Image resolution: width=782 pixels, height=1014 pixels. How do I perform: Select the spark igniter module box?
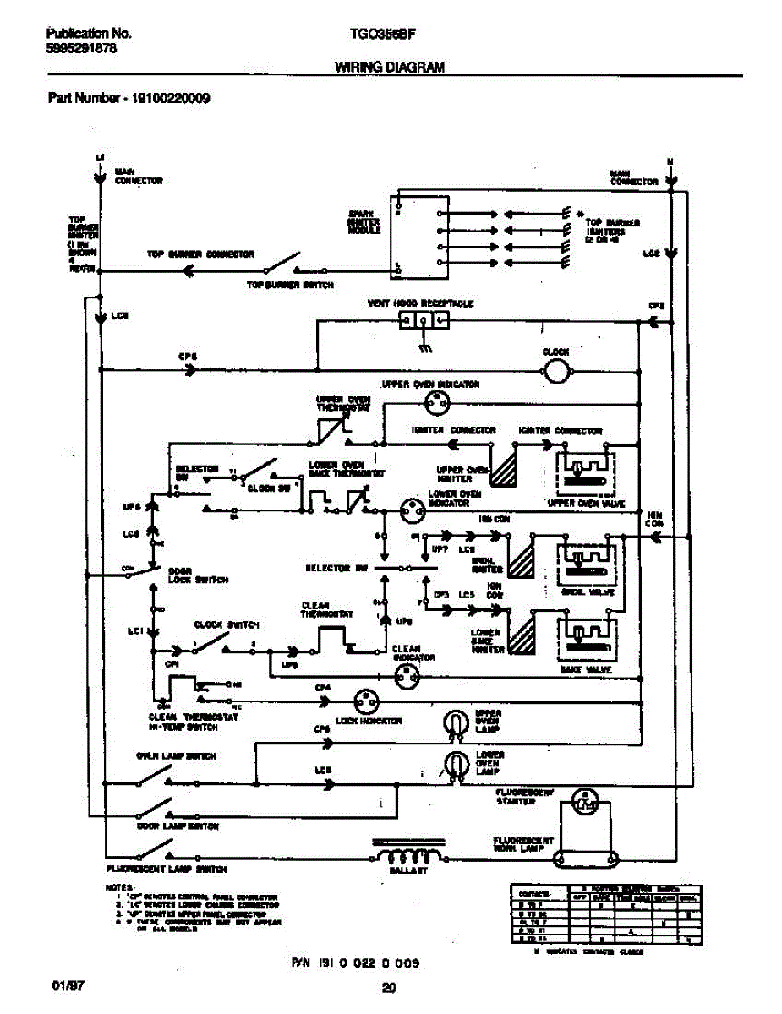(420, 237)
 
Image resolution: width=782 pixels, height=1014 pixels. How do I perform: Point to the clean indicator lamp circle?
(409, 673)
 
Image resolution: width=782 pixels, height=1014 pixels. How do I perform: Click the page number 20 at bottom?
(389, 987)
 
